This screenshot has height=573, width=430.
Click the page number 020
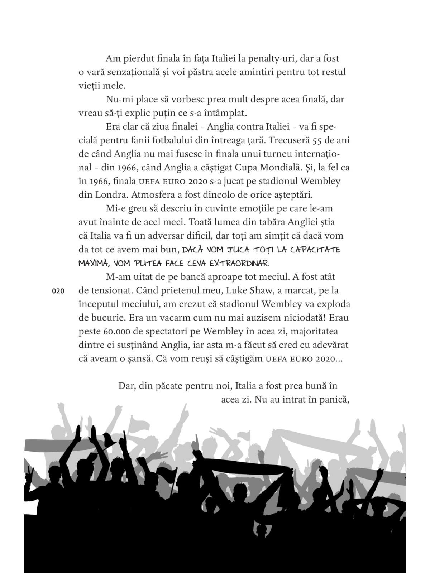[58, 292]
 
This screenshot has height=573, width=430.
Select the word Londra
[102, 195]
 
